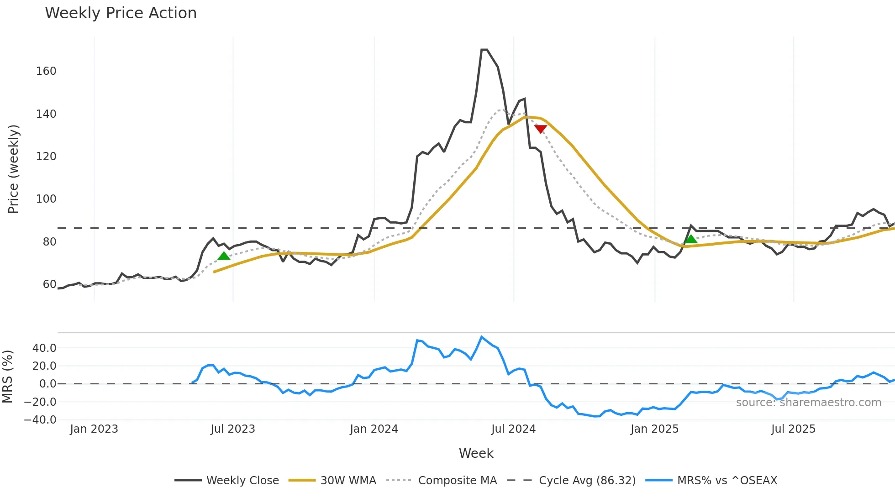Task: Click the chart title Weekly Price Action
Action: (x=121, y=13)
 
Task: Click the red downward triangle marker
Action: (x=541, y=129)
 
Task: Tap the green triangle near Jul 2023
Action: (x=224, y=256)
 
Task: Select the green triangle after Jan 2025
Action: (x=691, y=239)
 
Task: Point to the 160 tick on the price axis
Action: (x=46, y=71)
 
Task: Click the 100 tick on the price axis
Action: (x=46, y=199)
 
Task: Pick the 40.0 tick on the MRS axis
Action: (x=44, y=348)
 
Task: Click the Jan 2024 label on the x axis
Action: (x=374, y=429)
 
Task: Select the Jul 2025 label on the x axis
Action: (x=793, y=429)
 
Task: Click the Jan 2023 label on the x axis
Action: (x=94, y=429)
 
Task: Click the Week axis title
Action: (x=476, y=453)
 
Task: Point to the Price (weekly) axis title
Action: (x=13, y=169)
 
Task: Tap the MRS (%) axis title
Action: (x=7, y=377)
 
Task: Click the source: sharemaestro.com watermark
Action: (x=808, y=403)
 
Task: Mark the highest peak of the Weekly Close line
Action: (x=484, y=50)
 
